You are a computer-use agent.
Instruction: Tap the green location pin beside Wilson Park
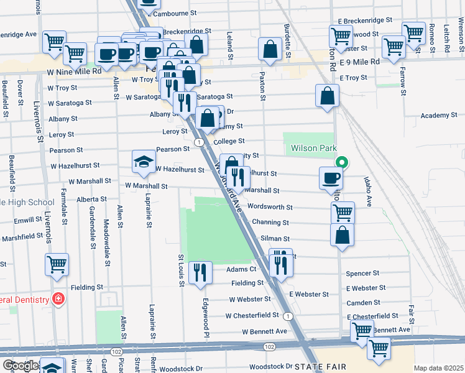pyautogui.click(x=341, y=163)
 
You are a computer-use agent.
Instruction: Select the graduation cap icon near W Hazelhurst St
pyautogui.click(x=144, y=162)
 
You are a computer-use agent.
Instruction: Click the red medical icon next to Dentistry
pyautogui.click(x=58, y=300)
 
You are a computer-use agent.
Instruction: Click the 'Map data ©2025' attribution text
pyautogui.click(x=438, y=368)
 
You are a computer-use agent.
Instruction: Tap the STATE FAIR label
pyautogui.click(x=319, y=367)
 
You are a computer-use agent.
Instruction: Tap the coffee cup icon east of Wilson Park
pyautogui.click(x=331, y=178)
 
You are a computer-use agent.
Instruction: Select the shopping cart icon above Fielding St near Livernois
pyautogui.click(x=57, y=264)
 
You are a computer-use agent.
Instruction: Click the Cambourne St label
pyautogui.click(x=175, y=12)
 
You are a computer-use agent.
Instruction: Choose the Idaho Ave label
pyautogui.click(x=369, y=192)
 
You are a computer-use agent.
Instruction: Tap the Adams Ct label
pyautogui.click(x=241, y=269)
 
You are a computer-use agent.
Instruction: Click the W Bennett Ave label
pyautogui.click(x=265, y=331)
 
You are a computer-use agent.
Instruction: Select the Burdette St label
pyautogui.click(x=287, y=42)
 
